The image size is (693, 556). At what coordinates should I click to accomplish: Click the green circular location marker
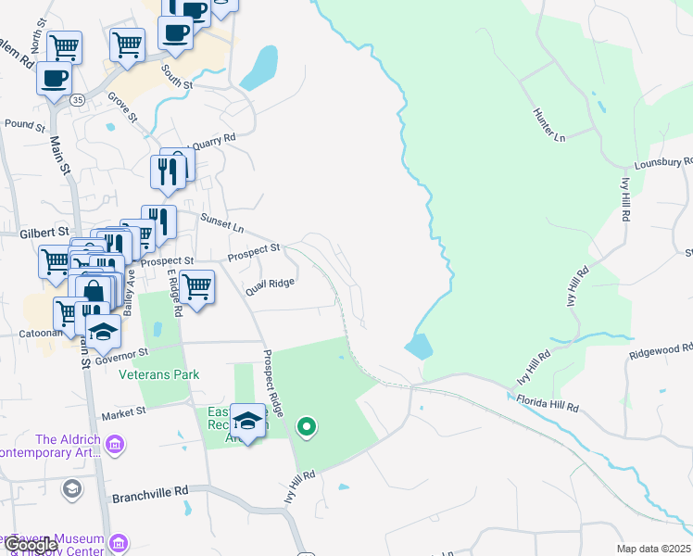306,427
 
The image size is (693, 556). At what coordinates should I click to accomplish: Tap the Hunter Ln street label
548,124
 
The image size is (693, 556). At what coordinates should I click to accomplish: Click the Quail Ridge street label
270,288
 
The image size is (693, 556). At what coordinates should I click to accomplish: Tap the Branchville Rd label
150,496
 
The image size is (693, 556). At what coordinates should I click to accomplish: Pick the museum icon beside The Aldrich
114,446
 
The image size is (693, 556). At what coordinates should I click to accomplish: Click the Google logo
30,545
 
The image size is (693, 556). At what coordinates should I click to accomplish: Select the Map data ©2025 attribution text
653,549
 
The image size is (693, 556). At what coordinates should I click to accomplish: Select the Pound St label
25,123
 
